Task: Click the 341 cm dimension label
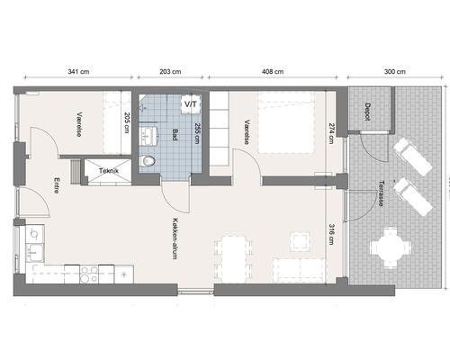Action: point(78,72)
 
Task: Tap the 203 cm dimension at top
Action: point(170,72)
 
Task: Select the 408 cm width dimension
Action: point(273,72)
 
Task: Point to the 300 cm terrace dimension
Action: point(395,72)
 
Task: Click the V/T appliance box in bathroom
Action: point(191,104)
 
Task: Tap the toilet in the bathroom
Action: point(148,161)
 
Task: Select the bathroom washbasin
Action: point(148,136)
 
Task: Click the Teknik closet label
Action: point(109,171)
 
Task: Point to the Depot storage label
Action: point(368,112)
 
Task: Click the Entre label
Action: point(57,185)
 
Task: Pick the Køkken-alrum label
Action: point(175,238)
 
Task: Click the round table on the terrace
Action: point(390,247)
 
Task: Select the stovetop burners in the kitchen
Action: point(89,274)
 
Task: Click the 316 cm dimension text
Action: point(331,234)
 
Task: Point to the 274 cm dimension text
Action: point(331,133)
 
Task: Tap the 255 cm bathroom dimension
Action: point(197,133)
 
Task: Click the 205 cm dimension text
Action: point(127,122)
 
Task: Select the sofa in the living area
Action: point(300,271)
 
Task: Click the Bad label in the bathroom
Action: point(175,135)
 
